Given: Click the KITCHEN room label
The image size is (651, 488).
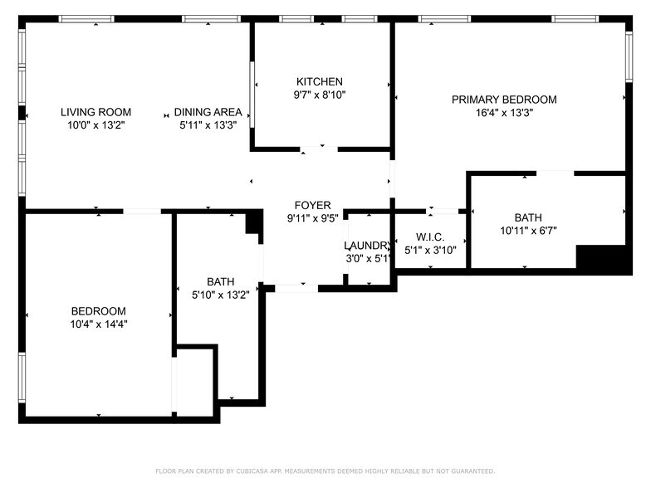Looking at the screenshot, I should click(320, 81).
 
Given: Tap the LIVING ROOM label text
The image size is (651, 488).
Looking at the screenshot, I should click(95, 112).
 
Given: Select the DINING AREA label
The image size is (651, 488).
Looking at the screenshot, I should click(208, 112).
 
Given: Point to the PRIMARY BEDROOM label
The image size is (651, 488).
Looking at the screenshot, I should click(504, 100).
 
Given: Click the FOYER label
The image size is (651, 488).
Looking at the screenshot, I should click(312, 205).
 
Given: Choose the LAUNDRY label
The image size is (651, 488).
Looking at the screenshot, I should click(367, 246).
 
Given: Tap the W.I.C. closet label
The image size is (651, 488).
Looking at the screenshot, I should click(430, 237).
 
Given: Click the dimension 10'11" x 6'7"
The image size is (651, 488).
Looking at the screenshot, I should click(527, 231).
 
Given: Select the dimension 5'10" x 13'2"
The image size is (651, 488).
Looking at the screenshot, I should click(220, 294).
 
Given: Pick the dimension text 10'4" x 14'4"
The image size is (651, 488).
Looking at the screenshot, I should click(99, 325).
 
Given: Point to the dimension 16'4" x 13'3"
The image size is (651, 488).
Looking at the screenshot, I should click(504, 113).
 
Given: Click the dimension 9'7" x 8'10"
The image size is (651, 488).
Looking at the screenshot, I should click(320, 95).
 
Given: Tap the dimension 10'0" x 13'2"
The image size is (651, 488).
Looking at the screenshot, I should click(95, 125).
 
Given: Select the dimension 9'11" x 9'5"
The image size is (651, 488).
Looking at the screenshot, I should click(312, 218).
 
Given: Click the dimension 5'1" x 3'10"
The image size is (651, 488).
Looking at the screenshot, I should click(430, 250).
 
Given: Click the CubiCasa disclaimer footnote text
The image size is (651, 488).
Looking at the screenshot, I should click(325, 471).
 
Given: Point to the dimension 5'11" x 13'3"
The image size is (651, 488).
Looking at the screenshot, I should click(208, 125).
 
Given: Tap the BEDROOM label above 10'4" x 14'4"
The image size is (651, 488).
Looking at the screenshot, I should click(99, 311).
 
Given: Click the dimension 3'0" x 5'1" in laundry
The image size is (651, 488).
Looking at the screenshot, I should click(367, 258).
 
